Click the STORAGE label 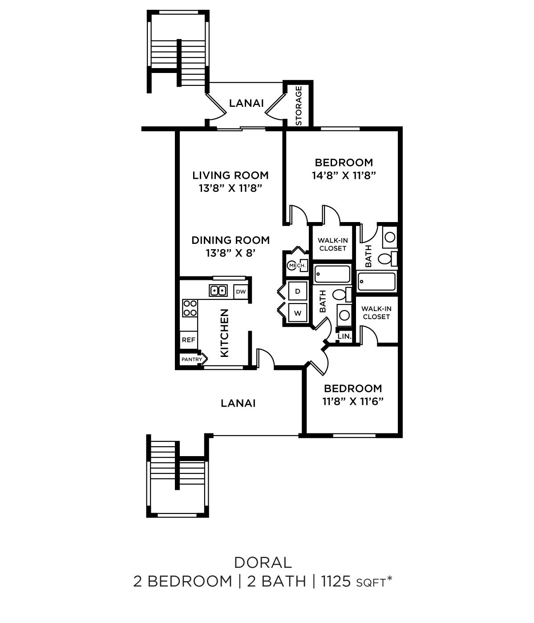[x=299, y=105]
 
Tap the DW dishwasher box [x=241, y=292]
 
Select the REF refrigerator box [x=189, y=340]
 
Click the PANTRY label [x=192, y=359]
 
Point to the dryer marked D [x=298, y=291]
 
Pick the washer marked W [x=298, y=313]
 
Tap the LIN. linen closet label [x=345, y=336]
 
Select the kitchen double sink [x=218, y=291]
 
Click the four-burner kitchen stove [x=190, y=308]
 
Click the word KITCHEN [x=225, y=333]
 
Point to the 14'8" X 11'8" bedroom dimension [x=344, y=175]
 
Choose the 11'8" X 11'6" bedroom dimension [x=353, y=401]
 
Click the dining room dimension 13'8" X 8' [x=231, y=253]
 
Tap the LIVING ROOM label [x=231, y=175]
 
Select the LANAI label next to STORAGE [x=246, y=103]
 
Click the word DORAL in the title [x=263, y=562]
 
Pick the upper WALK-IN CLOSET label [x=333, y=244]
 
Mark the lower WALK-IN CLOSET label [x=376, y=312]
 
